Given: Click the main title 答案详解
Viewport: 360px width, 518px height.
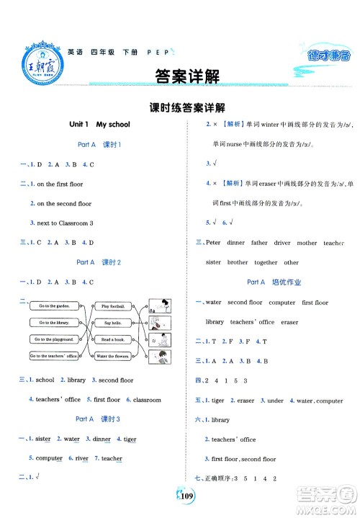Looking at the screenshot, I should click(x=180, y=75).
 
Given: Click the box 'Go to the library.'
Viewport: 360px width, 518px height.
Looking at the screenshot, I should click(x=52, y=323).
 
